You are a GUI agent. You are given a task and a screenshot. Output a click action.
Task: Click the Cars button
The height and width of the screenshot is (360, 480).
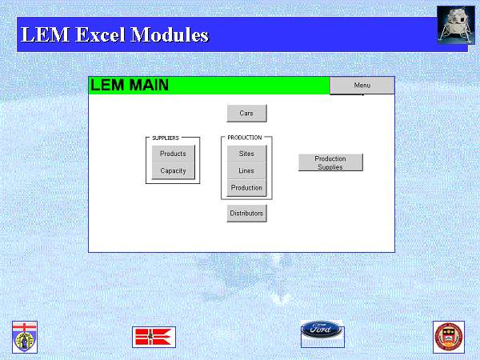click(x=246, y=114)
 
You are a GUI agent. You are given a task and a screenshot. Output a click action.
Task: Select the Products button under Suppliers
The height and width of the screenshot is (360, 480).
click(x=174, y=154)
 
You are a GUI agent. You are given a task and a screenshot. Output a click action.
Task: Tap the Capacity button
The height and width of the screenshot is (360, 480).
click(x=174, y=170)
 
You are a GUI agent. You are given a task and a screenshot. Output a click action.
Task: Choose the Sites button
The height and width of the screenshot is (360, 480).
click(x=246, y=154)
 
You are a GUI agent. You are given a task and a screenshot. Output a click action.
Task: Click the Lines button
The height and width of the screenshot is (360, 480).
click(x=246, y=170)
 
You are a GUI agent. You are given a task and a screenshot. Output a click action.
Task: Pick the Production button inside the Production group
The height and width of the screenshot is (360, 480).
click(x=246, y=188)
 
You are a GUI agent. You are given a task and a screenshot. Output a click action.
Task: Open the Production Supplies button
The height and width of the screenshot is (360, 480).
click(x=330, y=162)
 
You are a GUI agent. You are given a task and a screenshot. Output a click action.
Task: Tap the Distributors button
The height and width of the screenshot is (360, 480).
click(x=246, y=214)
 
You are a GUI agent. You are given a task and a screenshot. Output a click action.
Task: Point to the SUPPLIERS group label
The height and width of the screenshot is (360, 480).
click(x=166, y=138)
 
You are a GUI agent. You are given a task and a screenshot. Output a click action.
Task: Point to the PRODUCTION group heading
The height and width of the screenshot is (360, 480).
click(x=245, y=138)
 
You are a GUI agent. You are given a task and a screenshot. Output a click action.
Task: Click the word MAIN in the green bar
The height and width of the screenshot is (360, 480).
click(x=149, y=85)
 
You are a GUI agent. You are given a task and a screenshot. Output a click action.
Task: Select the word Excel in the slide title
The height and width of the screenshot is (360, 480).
click(x=101, y=34)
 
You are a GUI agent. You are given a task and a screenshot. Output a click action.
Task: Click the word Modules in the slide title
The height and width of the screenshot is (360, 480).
click(x=170, y=34)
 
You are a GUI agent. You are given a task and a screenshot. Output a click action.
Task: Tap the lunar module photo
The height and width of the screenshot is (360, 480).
click(x=456, y=25)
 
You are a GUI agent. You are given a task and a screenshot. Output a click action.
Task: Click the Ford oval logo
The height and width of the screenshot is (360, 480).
click(x=322, y=329)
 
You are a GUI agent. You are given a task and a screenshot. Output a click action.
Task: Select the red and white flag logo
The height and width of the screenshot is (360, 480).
click(x=154, y=337)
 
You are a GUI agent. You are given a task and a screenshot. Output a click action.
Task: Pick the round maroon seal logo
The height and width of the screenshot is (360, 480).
click(x=449, y=337)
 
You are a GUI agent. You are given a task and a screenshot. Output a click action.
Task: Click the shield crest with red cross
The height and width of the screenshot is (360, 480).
click(x=25, y=337)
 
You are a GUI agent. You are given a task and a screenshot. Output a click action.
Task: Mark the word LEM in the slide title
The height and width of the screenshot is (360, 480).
click(x=46, y=34)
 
